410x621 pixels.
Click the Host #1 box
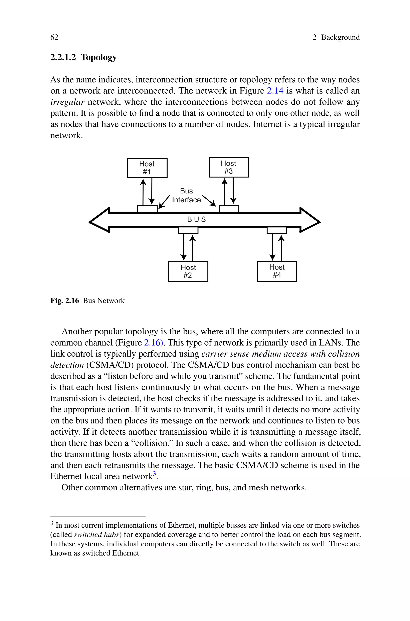pyautogui.click(x=147, y=168)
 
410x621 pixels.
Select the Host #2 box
pyautogui.click(x=188, y=271)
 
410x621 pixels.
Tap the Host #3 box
pyautogui.click(x=229, y=167)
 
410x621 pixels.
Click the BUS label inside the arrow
pyautogui.click(x=197, y=219)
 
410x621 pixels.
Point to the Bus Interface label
pyautogui.click(x=186, y=196)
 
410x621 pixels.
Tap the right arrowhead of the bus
pyautogui.click(x=310, y=220)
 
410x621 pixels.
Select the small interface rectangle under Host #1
pyautogui.click(x=147, y=209)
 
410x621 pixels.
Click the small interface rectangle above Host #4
pyautogui.click(x=277, y=231)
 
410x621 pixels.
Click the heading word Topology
pyautogui.click(x=98, y=57)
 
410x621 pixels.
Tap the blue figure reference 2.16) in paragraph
pyautogui.click(x=154, y=343)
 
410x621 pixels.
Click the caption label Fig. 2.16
pyautogui.click(x=65, y=301)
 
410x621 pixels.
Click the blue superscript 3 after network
pyautogui.click(x=154, y=473)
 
